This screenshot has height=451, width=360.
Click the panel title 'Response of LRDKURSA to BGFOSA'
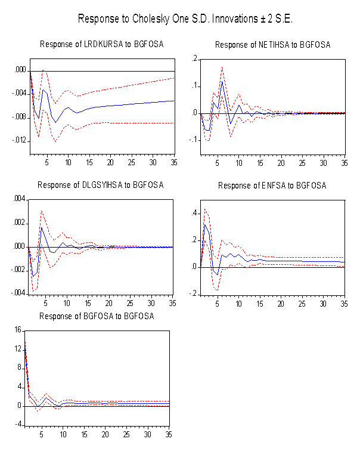pyautogui.click(x=101, y=44)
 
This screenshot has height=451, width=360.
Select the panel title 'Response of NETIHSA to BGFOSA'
pyautogui.click(x=272, y=45)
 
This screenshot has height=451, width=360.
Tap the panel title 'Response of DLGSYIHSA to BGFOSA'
pyautogui.click(x=101, y=185)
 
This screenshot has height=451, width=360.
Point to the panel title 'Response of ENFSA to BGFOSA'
pyautogui.click(x=272, y=186)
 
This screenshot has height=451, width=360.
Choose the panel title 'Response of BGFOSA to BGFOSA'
pyautogui.click(x=97, y=316)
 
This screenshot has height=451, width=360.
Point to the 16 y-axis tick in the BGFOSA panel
pyautogui.click(x=18, y=330)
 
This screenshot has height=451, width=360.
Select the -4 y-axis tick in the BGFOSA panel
pyautogui.click(x=18, y=424)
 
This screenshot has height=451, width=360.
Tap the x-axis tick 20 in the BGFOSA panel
pyautogui.click(x=105, y=434)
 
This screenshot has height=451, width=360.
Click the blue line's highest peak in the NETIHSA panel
pyautogui.click(x=222, y=81)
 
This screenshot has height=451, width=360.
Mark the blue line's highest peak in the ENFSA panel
pyautogui.click(x=205, y=224)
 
